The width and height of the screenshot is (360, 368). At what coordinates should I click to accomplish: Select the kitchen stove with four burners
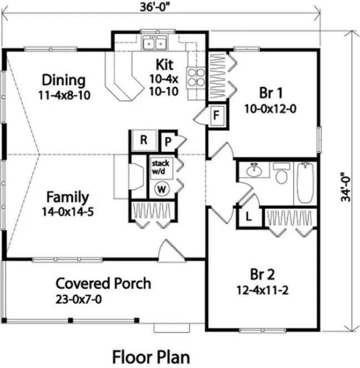pyautogui.click(x=196, y=77)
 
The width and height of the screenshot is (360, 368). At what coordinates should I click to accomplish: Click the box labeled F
pyautogui.click(x=217, y=115)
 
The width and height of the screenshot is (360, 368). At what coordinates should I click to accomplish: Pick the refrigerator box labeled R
pyautogui.click(x=144, y=140)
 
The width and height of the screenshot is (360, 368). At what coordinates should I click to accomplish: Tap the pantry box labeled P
pyautogui.click(x=167, y=141)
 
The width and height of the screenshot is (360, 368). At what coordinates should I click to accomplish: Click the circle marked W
pyautogui.click(x=162, y=189)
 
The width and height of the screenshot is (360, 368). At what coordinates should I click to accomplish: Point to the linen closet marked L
pyautogui.click(x=248, y=217)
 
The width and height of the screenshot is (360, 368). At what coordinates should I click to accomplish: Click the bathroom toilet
pyautogui.click(x=281, y=175)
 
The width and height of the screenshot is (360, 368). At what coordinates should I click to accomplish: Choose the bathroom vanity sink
pyautogui.click(x=256, y=171)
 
